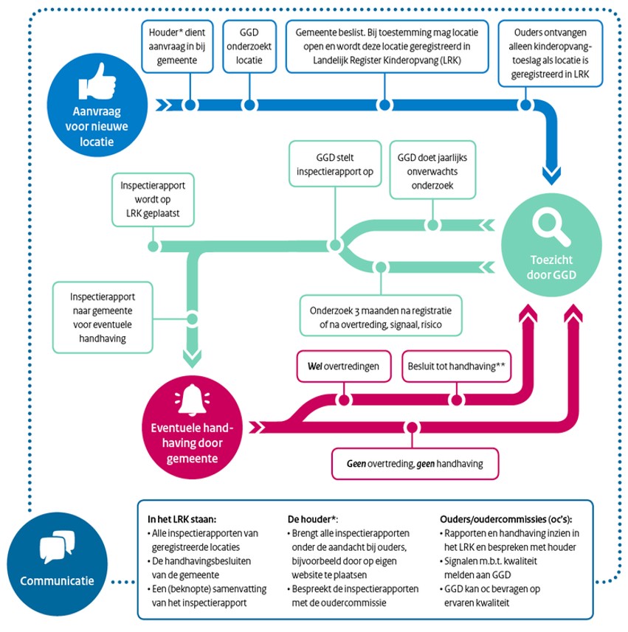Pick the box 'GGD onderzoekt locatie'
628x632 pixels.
point(249,46)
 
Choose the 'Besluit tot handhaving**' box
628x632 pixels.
point(457,365)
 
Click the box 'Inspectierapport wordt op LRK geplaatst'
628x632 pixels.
point(153,198)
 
